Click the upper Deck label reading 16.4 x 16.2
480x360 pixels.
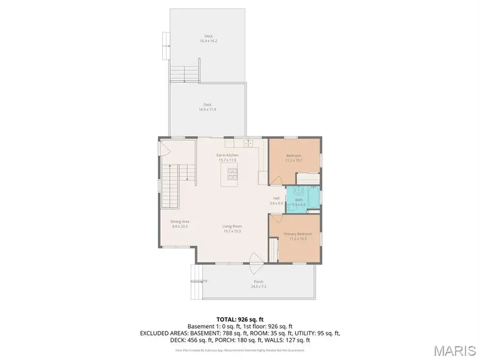209,38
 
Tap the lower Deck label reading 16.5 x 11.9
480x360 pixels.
208,107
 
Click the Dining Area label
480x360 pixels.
180,224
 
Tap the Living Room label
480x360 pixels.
232,229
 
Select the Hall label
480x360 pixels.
276,201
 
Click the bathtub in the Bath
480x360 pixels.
311,197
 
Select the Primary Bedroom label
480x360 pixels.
297,237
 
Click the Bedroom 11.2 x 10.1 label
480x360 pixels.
294,158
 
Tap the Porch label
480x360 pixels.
258,284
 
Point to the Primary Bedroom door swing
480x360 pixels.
275,219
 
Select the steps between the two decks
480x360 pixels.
185,73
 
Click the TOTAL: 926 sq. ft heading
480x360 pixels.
240,319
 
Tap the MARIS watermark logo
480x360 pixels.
454,350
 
